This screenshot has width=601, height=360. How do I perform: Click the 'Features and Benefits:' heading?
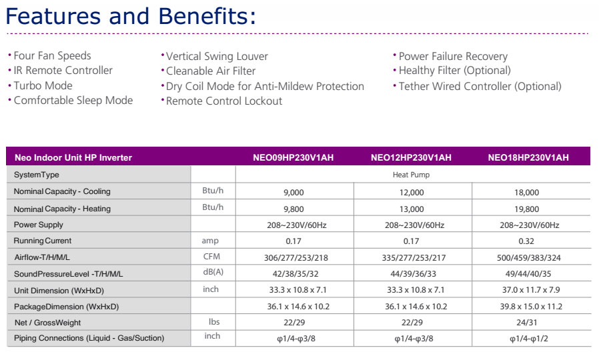tap(131, 16)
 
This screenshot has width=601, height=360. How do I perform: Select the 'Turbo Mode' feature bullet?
tap(43, 85)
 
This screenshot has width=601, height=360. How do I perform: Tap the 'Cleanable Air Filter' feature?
tap(211, 71)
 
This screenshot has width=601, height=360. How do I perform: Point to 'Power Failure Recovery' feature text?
tap(453, 57)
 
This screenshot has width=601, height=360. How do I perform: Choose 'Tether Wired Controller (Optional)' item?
tap(480, 86)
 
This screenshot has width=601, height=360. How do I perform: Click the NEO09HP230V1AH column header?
tap(293, 158)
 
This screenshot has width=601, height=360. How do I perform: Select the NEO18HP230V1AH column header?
tap(528, 158)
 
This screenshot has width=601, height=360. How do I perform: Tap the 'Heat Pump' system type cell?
tap(411, 175)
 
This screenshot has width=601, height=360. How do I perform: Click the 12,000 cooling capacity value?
tap(411, 191)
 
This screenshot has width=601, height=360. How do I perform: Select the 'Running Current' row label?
tap(43, 241)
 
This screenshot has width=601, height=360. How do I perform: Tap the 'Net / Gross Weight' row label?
tap(47, 323)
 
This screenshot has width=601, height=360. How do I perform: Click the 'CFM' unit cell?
tap(211, 257)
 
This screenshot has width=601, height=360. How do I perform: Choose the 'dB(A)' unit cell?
tap(212, 273)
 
